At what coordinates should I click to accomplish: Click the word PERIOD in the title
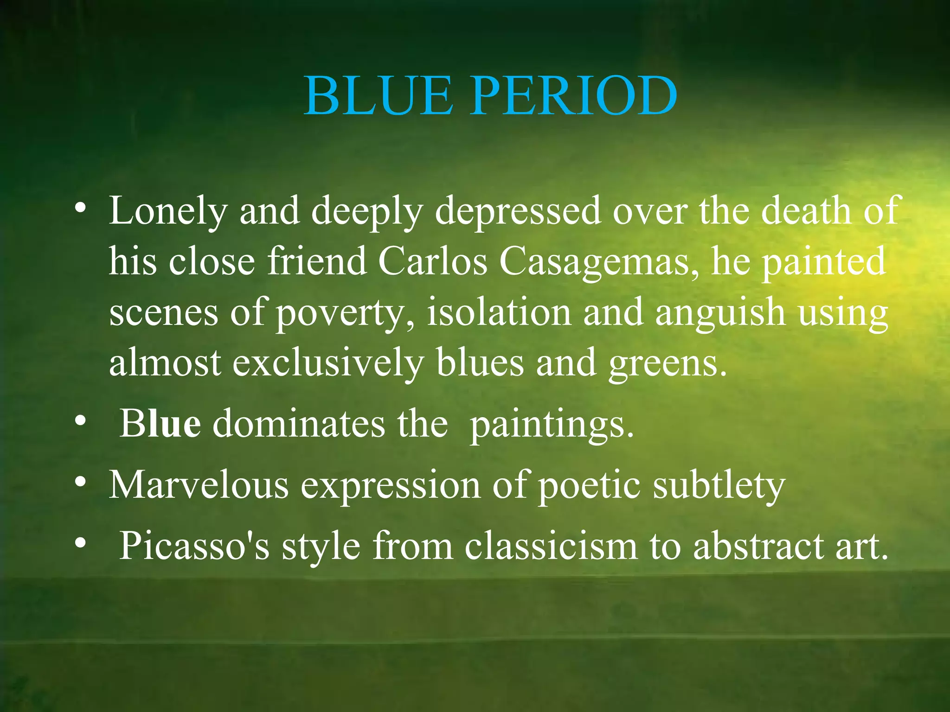coord(573,96)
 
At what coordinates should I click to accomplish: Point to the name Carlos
coord(432,261)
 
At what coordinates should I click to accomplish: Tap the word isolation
coord(499,311)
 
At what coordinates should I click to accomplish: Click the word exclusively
coord(328,362)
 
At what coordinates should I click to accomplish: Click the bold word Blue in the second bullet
coord(160,424)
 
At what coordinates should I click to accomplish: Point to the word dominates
coord(298,424)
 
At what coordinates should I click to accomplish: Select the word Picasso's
coord(194,546)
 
